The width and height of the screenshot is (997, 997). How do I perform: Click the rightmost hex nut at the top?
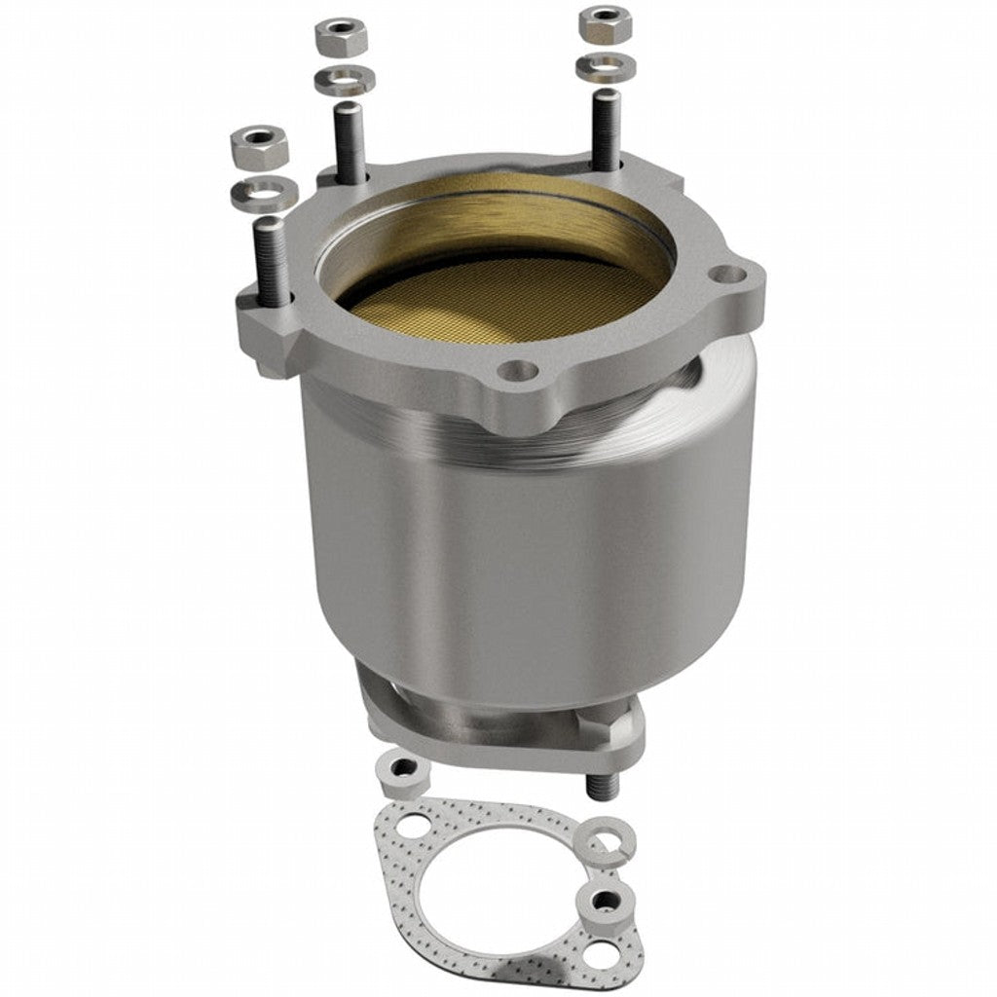click(x=605, y=23)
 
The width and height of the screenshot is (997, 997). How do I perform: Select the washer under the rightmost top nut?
click(x=606, y=68)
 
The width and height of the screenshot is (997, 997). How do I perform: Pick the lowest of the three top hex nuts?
click(x=257, y=145)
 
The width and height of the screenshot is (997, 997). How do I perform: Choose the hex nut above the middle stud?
click(x=341, y=36)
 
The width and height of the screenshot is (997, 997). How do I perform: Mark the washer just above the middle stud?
click(x=341, y=80)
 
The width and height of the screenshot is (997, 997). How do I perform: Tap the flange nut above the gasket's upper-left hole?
click(x=403, y=772)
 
